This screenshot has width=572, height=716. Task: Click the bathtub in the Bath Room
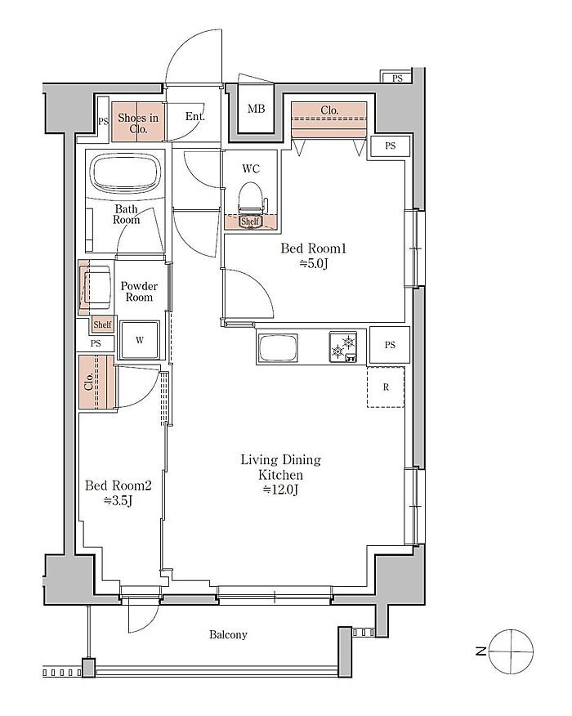[x=126, y=173]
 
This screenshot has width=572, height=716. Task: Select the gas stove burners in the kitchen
[x=343, y=347]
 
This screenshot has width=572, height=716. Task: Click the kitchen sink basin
[x=279, y=348]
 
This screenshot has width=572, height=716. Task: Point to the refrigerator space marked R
[x=386, y=387]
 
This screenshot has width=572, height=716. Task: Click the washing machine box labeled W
[x=140, y=340]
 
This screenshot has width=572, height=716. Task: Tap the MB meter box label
[x=256, y=109]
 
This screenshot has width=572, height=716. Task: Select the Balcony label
[x=228, y=634]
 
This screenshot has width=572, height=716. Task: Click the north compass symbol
[x=511, y=651]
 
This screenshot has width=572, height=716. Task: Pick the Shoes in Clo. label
[x=138, y=123]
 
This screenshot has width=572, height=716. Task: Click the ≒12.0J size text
[x=281, y=490]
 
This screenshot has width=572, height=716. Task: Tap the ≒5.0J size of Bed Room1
[x=314, y=263]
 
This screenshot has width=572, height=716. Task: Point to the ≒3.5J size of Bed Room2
[x=118, y=501]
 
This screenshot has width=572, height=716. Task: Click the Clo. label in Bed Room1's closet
[x=329, y=110]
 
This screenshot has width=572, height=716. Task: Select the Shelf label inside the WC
[x=250, y=222]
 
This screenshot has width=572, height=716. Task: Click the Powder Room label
[x=139, y=291]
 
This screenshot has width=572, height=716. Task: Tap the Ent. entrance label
[x=195, y=116]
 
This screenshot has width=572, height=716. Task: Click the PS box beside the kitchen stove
[x=390, y=345]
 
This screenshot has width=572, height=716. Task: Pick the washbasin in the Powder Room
[x=96, y=287]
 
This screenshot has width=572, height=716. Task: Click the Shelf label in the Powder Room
[x=102, y=324]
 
